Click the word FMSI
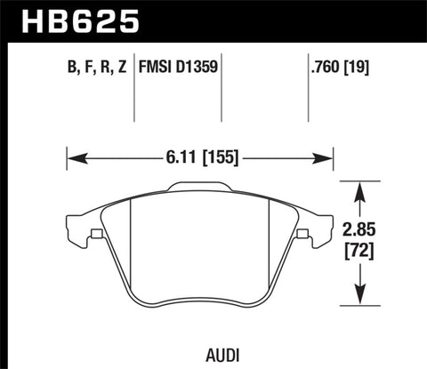[157, 68]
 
